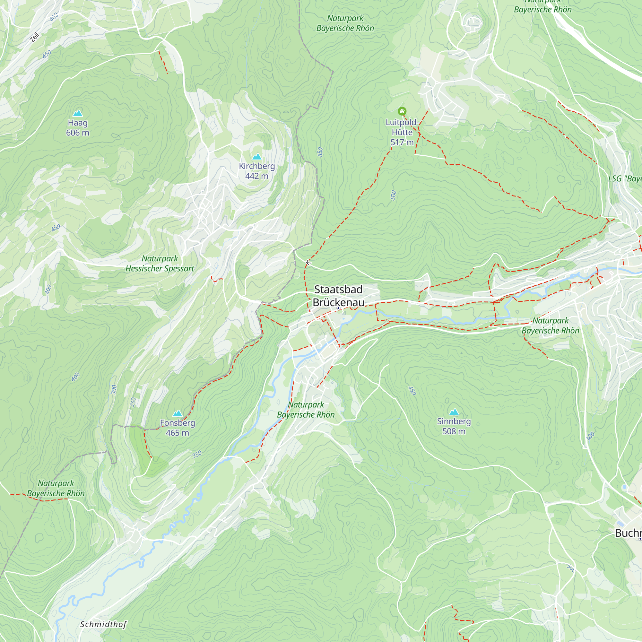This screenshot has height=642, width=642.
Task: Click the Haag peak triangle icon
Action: pos(77,113)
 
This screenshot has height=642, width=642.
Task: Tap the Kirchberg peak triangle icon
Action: pos(256,157)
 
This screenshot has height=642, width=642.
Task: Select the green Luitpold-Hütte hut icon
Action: pos(402,111)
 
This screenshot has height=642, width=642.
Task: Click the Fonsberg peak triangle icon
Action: pos(178,413)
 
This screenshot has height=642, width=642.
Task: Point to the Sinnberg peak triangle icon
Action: pos(454,412)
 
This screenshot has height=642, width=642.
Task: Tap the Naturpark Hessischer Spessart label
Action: pos(160,263)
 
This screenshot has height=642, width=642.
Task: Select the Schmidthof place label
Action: pos(103,624)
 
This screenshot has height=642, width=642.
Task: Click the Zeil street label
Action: pos(34,37)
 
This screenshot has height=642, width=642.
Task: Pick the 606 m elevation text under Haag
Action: pos(77,133)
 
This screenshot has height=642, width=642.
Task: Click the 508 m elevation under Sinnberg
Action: pos(454,431)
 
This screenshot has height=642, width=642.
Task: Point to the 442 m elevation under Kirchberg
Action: pos(256,176)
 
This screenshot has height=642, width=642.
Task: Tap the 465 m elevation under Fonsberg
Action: pos(177,433)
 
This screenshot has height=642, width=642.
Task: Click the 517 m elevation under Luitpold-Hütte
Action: pos(402,142)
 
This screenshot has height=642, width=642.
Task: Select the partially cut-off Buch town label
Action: pos(628,533)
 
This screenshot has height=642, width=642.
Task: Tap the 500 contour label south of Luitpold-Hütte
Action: pos(393,195)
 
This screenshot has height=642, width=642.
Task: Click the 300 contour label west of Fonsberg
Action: pos(114,389)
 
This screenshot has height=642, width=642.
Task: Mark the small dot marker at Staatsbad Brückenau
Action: pos(338,308)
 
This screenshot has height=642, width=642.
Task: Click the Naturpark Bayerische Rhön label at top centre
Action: pos(345,23)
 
